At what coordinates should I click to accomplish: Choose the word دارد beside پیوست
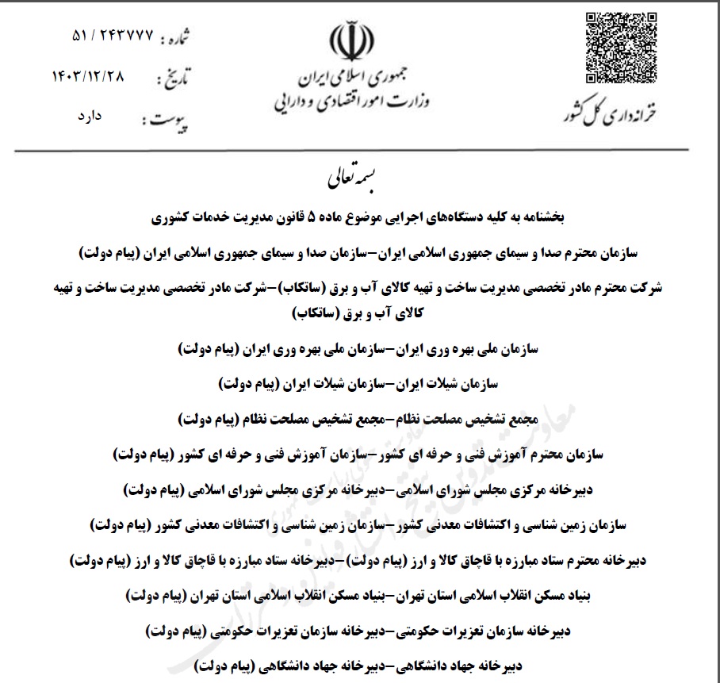coord(85,117)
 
